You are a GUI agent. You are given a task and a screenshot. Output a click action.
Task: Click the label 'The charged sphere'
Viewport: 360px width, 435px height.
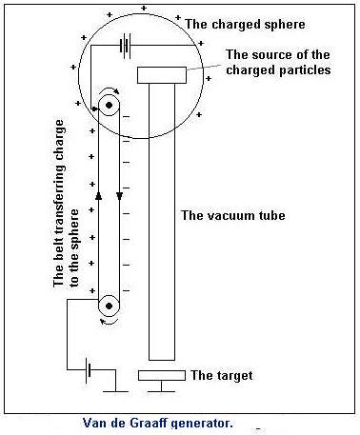[245, 25]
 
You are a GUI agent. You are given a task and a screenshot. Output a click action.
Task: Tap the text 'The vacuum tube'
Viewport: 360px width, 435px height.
[233, 215]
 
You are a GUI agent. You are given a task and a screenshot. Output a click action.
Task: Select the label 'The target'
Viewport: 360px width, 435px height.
[222, 375]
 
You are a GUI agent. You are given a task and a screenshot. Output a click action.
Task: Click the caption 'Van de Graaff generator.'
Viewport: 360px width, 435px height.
[158, 423]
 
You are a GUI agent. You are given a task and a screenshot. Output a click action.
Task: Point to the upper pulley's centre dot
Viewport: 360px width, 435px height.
[109, 105]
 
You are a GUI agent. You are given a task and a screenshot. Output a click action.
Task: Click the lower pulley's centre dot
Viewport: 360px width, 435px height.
[109, 306]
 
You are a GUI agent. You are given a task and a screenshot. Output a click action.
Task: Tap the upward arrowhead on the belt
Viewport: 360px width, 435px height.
[98, 195]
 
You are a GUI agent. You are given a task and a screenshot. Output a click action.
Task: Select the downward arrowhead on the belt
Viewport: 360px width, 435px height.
[119, 196]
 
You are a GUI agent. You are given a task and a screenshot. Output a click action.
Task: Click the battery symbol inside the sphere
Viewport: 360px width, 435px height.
[126, 46]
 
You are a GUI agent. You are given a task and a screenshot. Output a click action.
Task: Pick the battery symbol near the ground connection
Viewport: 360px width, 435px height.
[89, 369]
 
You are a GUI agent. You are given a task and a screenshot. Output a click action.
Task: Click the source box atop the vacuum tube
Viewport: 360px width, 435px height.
[162, 75]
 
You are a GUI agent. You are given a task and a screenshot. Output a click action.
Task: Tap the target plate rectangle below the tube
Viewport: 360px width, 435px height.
[162, 375]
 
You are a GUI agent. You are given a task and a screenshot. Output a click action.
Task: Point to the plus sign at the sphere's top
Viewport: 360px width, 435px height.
[144, 8]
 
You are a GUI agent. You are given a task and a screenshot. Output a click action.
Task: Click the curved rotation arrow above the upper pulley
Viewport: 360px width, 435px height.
[110, 90]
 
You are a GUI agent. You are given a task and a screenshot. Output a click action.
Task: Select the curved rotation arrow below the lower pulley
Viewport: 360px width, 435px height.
[109, 322]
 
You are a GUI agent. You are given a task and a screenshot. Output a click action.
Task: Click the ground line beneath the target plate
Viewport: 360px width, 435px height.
[161, 391]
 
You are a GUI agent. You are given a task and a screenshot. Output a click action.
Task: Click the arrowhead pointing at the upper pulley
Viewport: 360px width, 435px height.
[95, 109]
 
